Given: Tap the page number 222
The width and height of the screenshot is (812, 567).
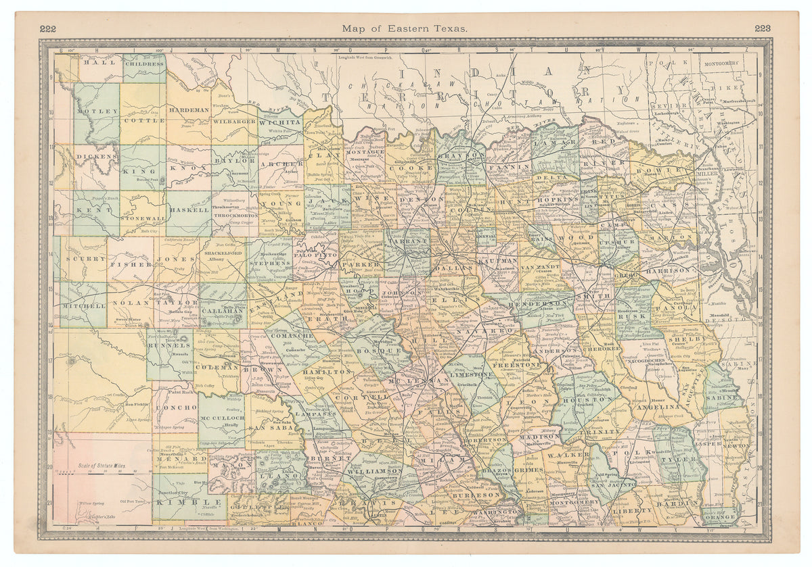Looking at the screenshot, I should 47,28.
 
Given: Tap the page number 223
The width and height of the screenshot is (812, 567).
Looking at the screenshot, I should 763,28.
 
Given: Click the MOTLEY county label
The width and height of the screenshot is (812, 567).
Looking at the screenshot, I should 93,111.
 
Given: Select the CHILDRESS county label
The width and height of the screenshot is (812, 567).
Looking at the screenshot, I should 143,61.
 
